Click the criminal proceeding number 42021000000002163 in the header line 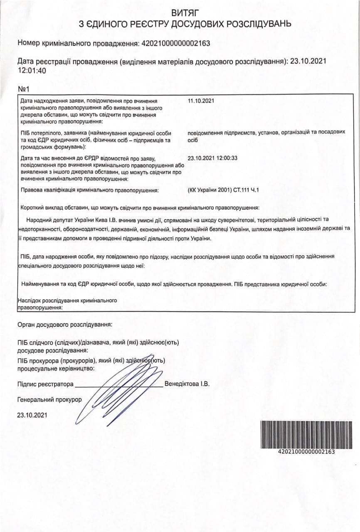(176, 43)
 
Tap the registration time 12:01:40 (32, 70)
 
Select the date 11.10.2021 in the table (201, 101)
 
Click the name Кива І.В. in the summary (105, 219)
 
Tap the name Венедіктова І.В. (187, 384)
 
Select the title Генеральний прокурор (50, 400)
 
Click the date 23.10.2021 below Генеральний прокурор (32, 415)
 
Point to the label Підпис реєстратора (46, 384)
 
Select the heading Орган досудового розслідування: (65, 324)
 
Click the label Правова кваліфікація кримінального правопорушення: (90, 190)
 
